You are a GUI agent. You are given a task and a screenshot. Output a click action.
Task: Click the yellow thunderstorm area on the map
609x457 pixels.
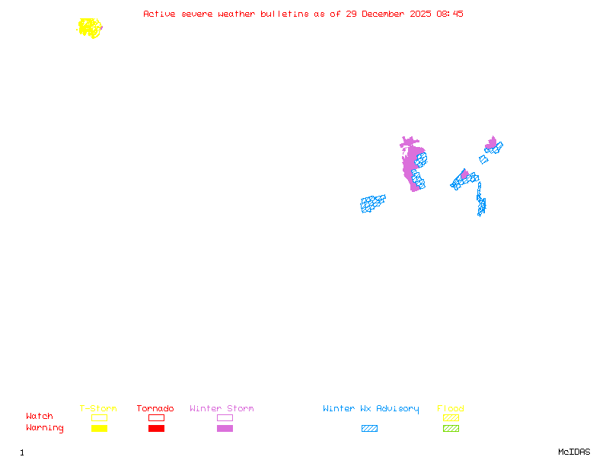click(x=90, y=28)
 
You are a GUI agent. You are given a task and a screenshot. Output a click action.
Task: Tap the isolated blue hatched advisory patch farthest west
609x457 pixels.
click(x=372, y=203)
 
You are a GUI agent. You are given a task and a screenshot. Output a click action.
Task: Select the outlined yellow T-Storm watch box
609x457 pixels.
click(x=99, y=417)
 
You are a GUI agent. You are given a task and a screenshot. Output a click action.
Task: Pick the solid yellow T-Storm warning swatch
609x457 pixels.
click(x=99, y=428)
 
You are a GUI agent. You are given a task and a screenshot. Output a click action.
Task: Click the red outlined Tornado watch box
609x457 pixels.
click(x=156, y=417)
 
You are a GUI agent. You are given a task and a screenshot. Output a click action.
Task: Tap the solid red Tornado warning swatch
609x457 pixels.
click(x=156, y=428)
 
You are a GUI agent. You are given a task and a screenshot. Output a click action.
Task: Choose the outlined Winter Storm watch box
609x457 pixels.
click(x=225, y=417)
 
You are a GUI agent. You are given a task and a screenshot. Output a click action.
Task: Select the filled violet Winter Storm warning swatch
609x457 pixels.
click(x=225, y=428)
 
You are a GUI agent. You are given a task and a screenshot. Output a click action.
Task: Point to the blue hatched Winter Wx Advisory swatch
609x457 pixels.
click(x=369, y=428)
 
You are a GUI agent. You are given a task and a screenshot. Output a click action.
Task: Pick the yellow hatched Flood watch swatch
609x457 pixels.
click(x=451, y=417)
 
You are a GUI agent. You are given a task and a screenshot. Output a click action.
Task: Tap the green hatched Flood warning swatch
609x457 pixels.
click(x=451, y=428)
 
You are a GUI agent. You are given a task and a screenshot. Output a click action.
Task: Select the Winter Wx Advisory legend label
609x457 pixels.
click(x=371, y=409)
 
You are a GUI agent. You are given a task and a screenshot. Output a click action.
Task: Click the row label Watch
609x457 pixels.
click(x=40, y=417)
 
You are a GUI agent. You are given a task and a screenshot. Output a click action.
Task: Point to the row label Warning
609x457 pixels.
click(x=44, y=428)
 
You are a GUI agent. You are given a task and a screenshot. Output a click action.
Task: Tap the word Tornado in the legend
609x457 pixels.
click(x=155, y=409)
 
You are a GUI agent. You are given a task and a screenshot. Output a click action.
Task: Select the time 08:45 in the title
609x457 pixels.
click(x=451, y=14)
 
